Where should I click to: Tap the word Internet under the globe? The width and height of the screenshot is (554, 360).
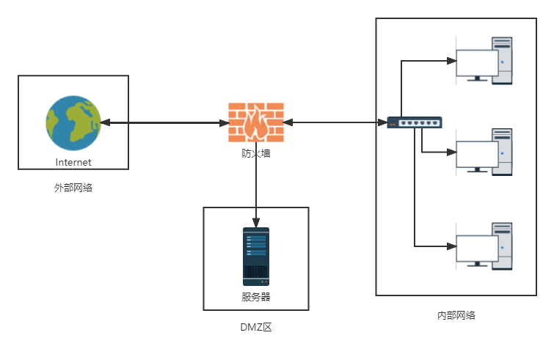[x=73, y=162]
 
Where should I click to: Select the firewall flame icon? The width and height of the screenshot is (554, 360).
[x=255, y=123]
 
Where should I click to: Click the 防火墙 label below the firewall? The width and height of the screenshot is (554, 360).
[x=256, y=153]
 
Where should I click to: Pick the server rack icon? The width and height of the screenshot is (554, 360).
[x=256, y=256]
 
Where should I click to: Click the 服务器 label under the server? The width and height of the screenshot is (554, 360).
[x=256, y=297]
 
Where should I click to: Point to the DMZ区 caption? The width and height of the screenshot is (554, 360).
[x=256, y=327]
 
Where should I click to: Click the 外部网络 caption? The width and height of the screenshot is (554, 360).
[x=73, y=188]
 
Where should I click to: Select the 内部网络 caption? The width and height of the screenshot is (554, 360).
[x=456, y=315]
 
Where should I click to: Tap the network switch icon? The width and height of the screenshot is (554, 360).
[x=415, y=122]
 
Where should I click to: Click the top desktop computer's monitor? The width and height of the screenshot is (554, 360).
[x=477, y=64]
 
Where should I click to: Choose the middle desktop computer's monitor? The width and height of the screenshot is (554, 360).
[x=477, y=155]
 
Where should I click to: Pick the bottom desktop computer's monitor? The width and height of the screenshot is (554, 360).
[x=477, y=248]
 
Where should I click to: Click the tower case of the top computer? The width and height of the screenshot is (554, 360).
[x=503, y=61]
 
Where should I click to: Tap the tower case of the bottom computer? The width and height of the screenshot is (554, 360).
[x=503, y=245]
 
